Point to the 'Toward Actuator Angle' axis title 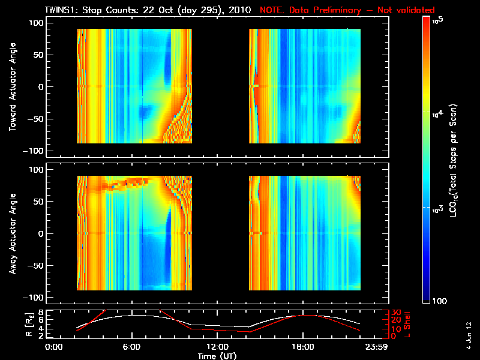coord(13,86)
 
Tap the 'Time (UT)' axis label coord(218,355)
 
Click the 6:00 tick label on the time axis coord(131,347)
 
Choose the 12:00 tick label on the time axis coord(217,347)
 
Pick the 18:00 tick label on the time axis coord(302,347)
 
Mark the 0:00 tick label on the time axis coord(54,347)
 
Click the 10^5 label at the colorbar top coord(437,20)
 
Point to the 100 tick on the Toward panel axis coord(38,22)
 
